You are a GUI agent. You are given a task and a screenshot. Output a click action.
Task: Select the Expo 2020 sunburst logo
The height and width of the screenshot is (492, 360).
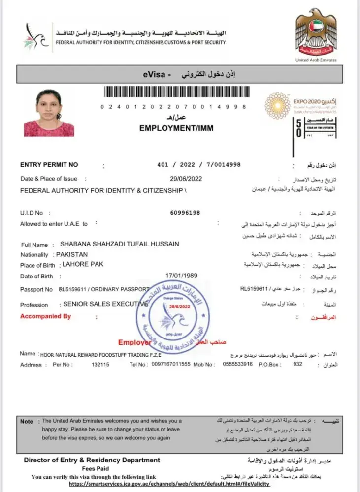(x=277, y=105)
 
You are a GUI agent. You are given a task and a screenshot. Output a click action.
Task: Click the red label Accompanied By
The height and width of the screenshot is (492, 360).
(x=45, y=316)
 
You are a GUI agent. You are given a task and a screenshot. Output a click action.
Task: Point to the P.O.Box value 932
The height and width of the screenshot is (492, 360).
(x=297, y=365)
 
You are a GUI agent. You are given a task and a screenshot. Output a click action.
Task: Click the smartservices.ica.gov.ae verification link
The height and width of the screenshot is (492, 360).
(x=169, y=484)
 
